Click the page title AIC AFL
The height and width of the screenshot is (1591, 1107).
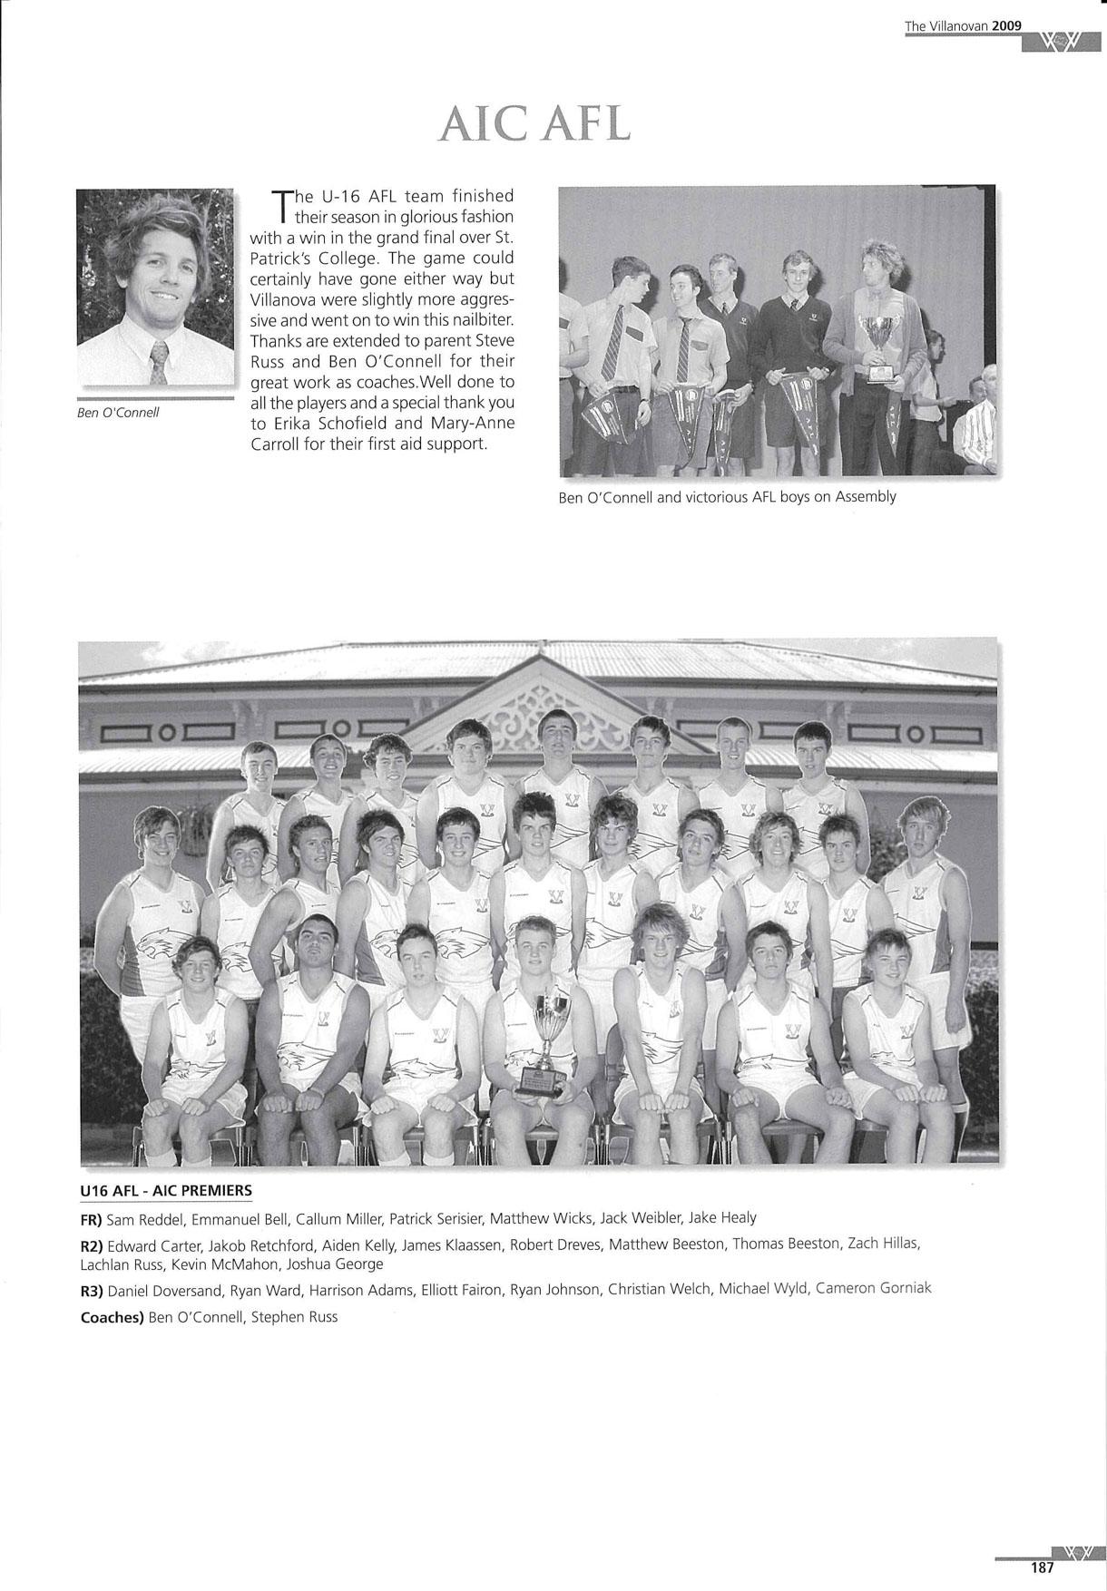534,123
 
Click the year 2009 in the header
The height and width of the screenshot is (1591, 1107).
1007,26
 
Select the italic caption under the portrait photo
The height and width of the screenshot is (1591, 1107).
118,413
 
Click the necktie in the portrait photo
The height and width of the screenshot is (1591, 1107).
159,362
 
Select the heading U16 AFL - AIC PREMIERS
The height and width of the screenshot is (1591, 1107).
166,1190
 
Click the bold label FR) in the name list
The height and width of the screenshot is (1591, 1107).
92,1218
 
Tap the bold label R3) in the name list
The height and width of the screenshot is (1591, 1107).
92,1289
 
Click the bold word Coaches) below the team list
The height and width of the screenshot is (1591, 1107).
113,1317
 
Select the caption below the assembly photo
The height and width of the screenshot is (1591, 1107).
727,496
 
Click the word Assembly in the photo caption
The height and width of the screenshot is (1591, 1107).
866,496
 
